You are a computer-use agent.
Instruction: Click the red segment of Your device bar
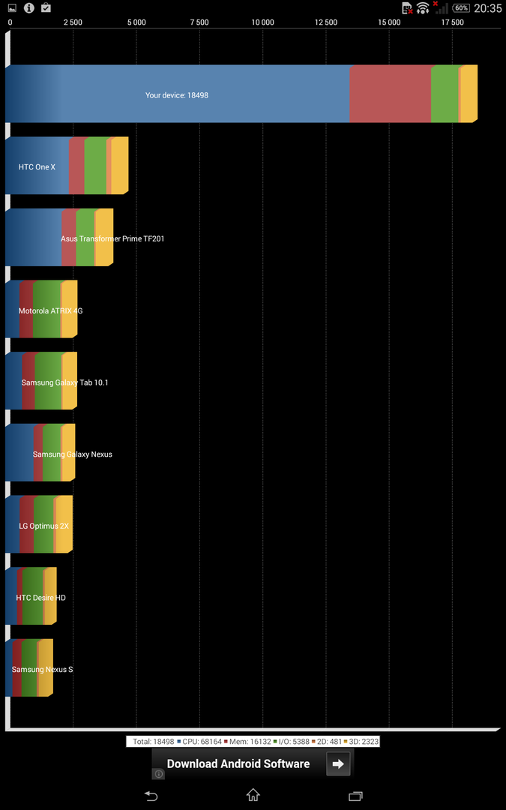pyautogui.click(x=390, y=94)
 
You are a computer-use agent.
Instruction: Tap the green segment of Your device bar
pyautogui.click(x=445, y=94)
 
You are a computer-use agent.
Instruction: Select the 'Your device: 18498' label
pyautogui.click(x=177, y=96)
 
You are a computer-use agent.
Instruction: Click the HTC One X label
pyautogui.click(x=37, y=166)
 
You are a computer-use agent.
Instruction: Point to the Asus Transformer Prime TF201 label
pyautogui.click(x=112, y=238)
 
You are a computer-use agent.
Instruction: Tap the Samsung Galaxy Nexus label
pyautogui.click(x=72, y=454)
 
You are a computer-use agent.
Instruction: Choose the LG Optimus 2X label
pyautogui.click(x=43, y=526)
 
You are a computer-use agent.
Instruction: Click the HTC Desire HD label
pyautogui.click(x=40, y=598)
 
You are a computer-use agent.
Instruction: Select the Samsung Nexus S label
pyautogui.click(x=42, y=670)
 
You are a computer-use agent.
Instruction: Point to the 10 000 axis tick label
pyautogui.click(x=263, y=22)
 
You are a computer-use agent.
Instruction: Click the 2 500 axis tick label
pyautogui.click(x=73, y=22)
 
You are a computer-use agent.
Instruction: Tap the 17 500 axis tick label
pyautogui.click(x=452, y=22)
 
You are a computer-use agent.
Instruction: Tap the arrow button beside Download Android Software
pyautogui.click(x=338, y=763)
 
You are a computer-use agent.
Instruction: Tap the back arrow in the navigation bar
pyautogui.click(x=151, y=796)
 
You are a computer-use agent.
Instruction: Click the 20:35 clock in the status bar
pyautogui.click(x=488, y=8)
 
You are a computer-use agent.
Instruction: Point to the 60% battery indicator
pyautogui.click(x=461, y=8)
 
